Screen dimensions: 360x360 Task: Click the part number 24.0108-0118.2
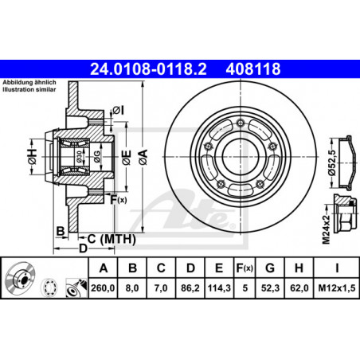point(148,69)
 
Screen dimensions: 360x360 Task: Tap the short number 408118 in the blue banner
point(253,69)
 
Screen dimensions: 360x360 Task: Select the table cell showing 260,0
point(103,288)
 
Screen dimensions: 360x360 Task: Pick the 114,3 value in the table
point(219,288)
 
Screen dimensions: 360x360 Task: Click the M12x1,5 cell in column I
point(337,288)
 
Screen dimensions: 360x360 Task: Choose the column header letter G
point(270,268)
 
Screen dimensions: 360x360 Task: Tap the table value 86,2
point(190,288)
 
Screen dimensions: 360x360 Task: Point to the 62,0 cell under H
point(299,288)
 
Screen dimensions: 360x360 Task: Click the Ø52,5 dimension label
point(332,162)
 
